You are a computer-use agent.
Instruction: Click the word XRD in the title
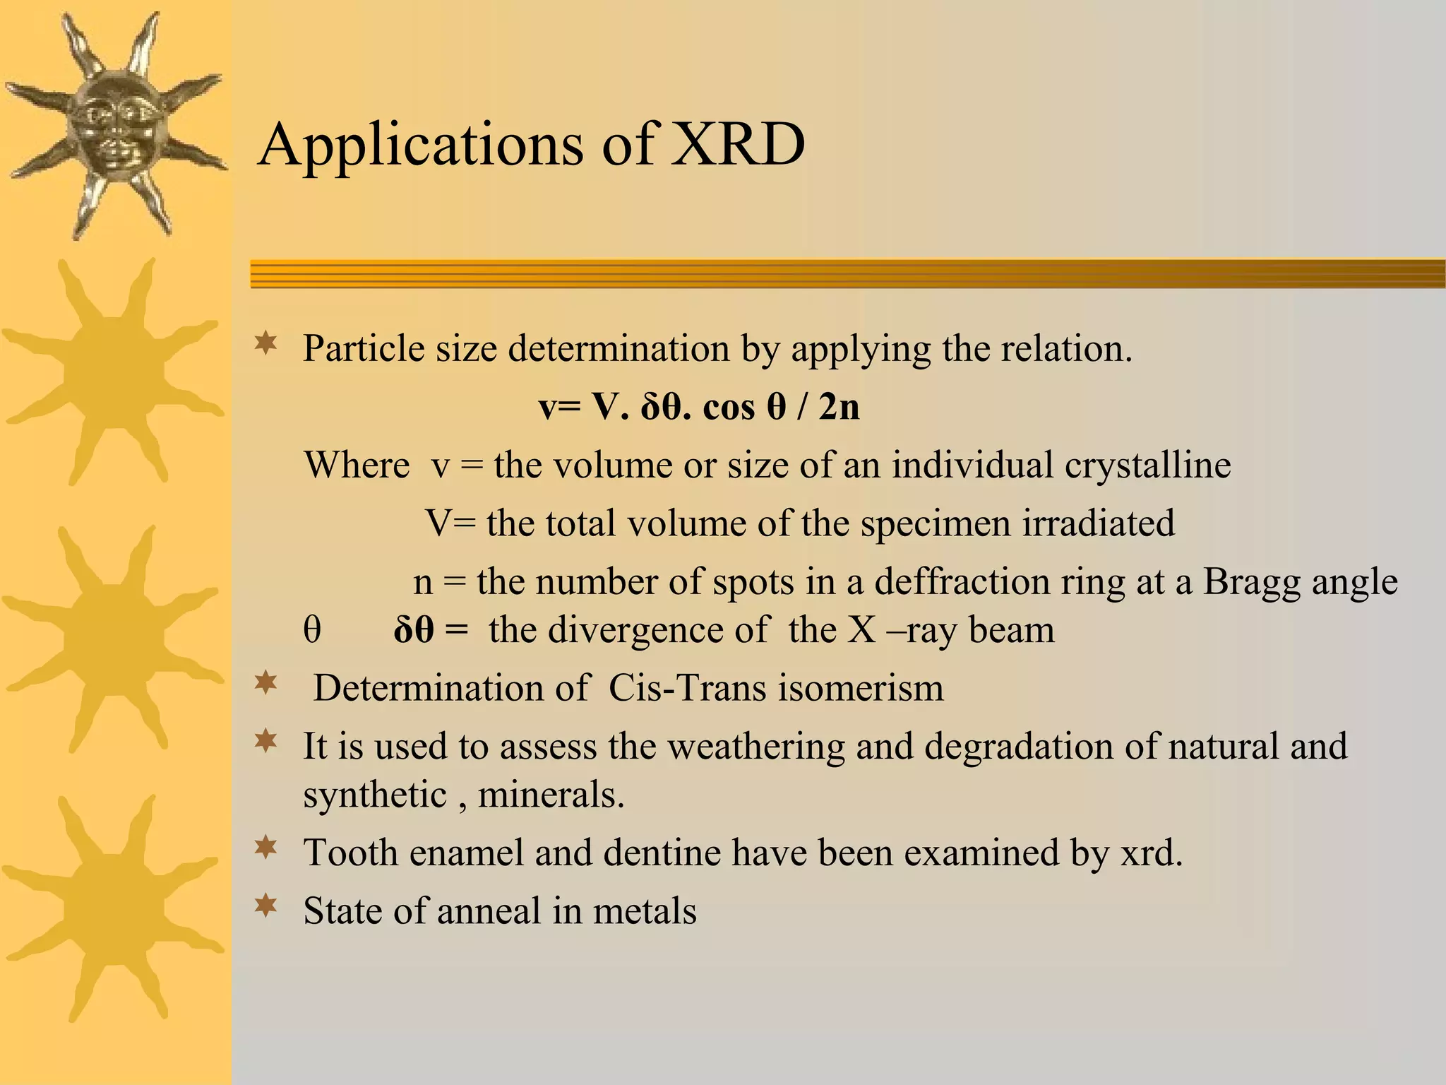[737, 144]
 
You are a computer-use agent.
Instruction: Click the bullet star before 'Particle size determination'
[265, 344]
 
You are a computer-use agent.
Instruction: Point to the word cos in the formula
[729, 408]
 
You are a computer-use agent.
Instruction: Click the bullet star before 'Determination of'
[265, 683]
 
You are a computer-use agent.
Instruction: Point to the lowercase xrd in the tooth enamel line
[1151, 853]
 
